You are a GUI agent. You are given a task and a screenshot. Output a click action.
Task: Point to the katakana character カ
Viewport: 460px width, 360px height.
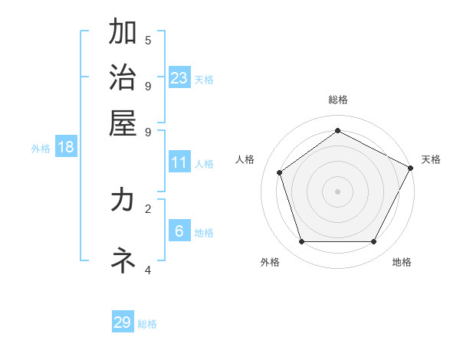[x=123, y=200]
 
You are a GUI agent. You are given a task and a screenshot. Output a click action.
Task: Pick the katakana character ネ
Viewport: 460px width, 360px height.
[x=123, y=260]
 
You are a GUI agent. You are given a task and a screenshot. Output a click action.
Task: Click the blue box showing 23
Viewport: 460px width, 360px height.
[x=179, y=77]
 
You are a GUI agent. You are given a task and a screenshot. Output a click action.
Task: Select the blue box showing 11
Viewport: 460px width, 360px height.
[x=179, y=162]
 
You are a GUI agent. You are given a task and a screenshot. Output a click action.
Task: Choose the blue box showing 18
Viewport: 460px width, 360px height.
[x=66, y=147]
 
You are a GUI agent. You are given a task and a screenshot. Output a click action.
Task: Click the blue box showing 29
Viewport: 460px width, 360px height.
[x=123, y=322]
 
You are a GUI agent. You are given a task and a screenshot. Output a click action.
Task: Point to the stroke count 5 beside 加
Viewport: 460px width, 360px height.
[x=148, y=40]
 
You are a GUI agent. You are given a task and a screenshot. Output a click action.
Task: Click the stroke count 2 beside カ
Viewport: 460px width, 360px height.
[x=148, y=208]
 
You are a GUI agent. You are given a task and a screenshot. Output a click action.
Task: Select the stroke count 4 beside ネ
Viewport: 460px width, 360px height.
[x=148, y=270]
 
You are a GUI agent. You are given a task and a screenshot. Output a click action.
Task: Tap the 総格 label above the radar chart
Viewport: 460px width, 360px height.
[x=337, y=100]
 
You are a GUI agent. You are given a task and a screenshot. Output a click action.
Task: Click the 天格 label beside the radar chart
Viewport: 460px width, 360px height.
[x=431, y=159]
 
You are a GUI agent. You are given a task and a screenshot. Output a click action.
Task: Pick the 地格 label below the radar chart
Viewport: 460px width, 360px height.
[x=402, y=262]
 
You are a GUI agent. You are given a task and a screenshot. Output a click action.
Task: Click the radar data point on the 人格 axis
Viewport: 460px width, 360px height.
[x=280, y=172]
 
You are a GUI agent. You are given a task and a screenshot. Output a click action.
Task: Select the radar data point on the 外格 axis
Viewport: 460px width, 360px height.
[x=301, y=241]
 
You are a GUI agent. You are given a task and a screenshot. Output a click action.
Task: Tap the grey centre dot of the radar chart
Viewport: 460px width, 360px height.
[x=337, y=191]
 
